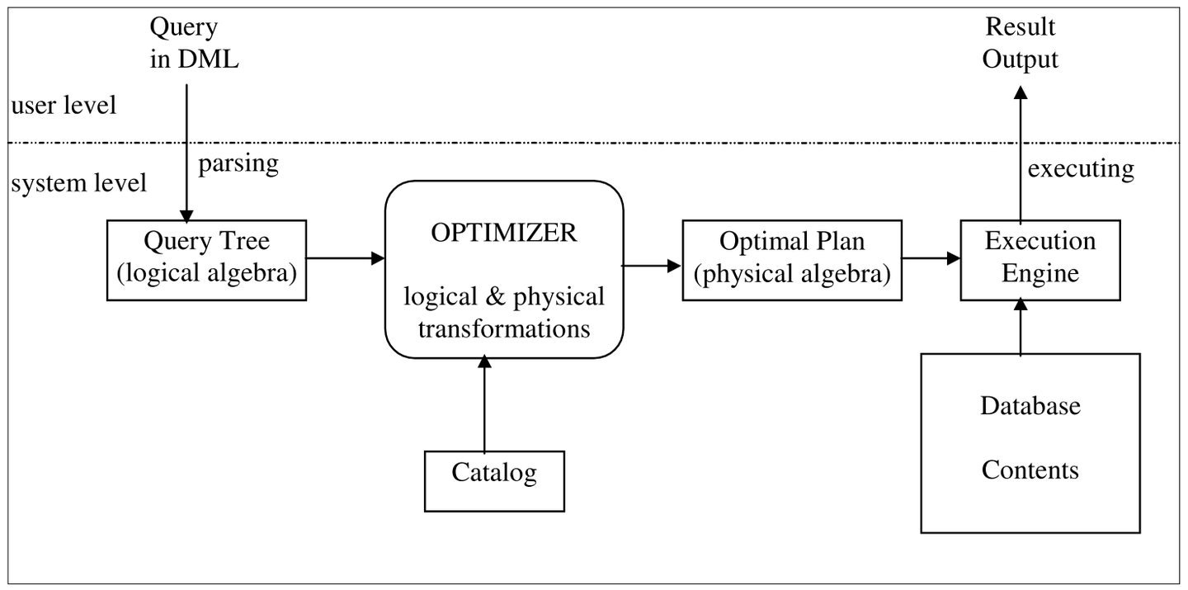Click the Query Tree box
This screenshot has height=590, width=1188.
tap(206, 259)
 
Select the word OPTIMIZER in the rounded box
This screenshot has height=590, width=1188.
tap(504, 233)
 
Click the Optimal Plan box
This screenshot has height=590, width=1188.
tap(792, 259)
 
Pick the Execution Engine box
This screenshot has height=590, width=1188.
tap(1039, 259)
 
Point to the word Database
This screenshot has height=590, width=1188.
tap(1030, 406)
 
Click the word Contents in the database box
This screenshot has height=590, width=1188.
tap(1030, 470)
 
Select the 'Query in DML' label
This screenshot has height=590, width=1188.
tap(195, 43)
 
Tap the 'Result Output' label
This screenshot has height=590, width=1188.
tap(1020, 43)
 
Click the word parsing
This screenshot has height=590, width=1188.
tap(238, 163)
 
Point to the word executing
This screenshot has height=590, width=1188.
tap(1081, 168)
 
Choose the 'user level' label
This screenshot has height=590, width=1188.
tap(64, 106)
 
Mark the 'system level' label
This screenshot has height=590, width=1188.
tap(79, 182)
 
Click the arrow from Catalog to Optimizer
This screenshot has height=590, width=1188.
tap(484, 404)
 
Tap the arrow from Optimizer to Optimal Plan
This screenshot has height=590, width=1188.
tap(651, 266)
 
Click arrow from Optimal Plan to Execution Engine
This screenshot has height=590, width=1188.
tap(931, 258)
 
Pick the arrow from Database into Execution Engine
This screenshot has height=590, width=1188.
tap(1021, 328)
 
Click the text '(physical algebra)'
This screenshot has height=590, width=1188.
tap(792, 274)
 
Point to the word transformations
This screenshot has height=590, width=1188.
tap(504, 328)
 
